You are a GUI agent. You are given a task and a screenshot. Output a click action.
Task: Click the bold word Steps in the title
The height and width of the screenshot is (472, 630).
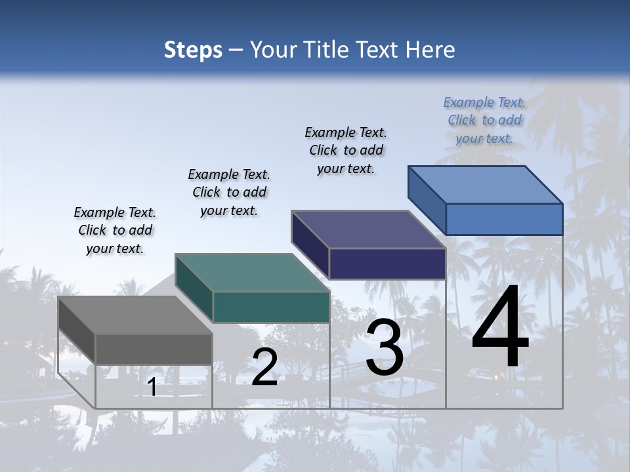pos(193,50)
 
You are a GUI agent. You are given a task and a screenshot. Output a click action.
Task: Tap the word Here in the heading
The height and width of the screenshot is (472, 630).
pos(430,50)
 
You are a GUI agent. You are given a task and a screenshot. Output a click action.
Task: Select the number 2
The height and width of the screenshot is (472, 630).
pos(264,367)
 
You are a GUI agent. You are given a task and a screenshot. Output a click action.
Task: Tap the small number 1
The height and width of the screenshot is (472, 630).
pos(152,387)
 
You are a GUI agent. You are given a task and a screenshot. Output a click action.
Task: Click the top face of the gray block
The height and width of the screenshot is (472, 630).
pos(135,315)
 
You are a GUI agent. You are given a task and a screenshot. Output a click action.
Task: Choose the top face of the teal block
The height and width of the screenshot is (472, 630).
pos(251,273)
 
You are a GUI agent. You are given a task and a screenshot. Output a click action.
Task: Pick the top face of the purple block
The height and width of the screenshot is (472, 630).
pos(368,229)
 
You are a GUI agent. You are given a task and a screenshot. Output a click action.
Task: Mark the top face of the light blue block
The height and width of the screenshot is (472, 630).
pos(485,184)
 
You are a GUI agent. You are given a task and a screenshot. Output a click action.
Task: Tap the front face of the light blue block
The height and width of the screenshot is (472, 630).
pos(504,219)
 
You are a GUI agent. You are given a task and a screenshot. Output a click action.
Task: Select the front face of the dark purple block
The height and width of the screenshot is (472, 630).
pos(387,264)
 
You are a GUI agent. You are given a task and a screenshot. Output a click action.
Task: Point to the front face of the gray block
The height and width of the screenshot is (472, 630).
pos(154,349)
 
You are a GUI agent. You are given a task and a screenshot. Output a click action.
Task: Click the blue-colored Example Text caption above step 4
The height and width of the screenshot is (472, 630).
pos(484,120)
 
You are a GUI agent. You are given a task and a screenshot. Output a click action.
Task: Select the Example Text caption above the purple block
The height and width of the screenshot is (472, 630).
pos(346,150)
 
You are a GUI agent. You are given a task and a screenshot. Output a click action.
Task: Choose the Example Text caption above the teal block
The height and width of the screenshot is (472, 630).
pos(229,192)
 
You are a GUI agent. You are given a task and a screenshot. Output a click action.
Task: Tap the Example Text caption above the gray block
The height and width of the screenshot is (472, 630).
pos(115,230)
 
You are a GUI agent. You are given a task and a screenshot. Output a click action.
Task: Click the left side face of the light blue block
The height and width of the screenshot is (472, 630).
pos(427,200)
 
